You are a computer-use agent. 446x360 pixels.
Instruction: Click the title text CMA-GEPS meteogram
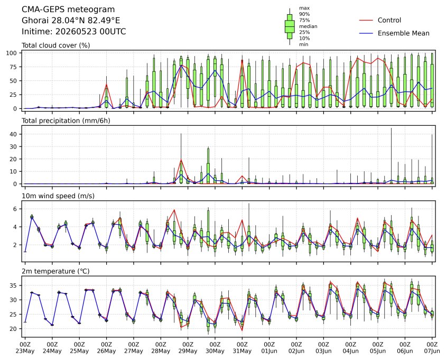pyautogui.click(x=68, y=10)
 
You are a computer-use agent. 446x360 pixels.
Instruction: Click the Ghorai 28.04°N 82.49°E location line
pyautogui.click(x=71, y=21)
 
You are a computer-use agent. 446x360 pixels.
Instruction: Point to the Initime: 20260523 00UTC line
pyautogui.click(x=73, y=31)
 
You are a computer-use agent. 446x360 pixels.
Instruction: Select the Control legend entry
pyautogui.click(x=380, y=20)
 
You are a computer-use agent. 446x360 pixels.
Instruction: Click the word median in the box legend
pyautogui.click(x=308, y=26)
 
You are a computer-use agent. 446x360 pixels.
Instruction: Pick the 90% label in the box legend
pyautogui.click(x=304, y=14)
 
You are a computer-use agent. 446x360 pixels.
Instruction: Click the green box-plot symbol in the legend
pyautogui.click(x=290, y=26)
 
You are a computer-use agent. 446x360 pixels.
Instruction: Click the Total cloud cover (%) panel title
pyautogui.click(x=56, y=45)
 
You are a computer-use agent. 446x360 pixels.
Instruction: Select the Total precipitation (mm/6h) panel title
pyautogui.click(x=66, y=121)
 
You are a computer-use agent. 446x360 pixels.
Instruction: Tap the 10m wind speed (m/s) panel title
pyautogui.click(x=58, y=196)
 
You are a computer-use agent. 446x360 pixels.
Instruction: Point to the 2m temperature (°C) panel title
pyautogui.click(x=55, y=271)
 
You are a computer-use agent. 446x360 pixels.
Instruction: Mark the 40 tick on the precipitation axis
pyautogui.click(x=14, y=134)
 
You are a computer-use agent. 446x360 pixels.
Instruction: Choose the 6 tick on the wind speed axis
pyautogui.click(x=15, y=209)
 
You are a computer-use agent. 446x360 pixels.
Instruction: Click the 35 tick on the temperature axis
pyautogui.click(x=14, y=285)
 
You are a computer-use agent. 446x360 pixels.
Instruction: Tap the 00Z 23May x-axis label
pyautogui.click(x=25, y=348)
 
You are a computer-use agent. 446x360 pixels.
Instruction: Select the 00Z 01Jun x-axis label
pyautogui.click(x=269, y=348)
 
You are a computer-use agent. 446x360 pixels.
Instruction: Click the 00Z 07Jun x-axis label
pyautogui.click(x=432, y=348)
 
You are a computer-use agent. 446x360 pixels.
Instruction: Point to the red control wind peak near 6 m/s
pyautogui.click(x=174, y=210)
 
